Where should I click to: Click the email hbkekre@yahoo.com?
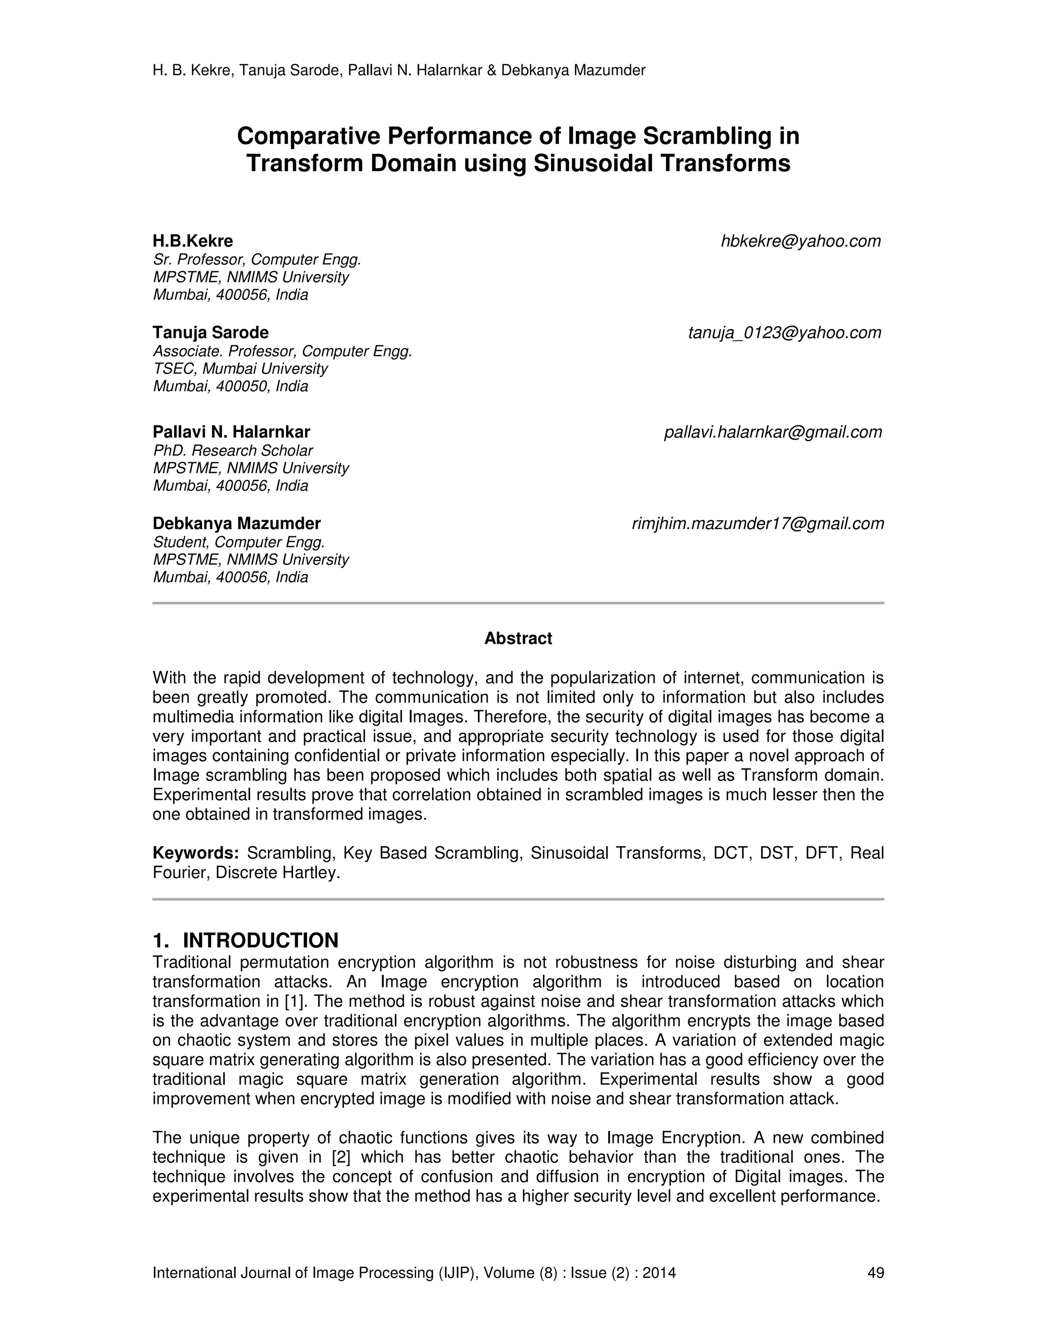(801, 242)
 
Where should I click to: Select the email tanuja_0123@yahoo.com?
(784, 333)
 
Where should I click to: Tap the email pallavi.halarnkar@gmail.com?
(773, 432)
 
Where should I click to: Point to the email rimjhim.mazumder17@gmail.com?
(757, 524)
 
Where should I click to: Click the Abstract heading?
(518, 639)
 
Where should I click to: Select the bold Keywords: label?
(195, 853)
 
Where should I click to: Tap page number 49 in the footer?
(875, 1273)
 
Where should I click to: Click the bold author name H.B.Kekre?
(193, 241)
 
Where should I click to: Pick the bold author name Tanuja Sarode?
(211, 333)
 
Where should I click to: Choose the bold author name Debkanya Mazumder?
(236, 524)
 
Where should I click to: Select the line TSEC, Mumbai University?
(240, 369)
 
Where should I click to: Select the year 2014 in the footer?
(659, 1273)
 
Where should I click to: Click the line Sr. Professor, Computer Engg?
(257, 259)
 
